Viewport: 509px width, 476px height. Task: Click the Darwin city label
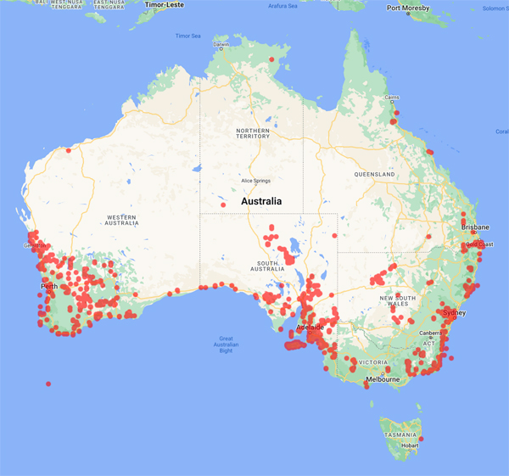(x=221, y=44)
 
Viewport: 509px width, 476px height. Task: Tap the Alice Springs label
(x=260, y=181)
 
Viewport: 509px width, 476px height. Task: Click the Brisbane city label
(x=475, y=227)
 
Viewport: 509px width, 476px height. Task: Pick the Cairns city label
(x=390, y=98)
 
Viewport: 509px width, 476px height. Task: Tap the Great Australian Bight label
(x=226, y=344)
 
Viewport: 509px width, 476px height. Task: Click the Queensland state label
(x=376, y=174)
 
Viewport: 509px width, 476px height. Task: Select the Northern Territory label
(x=254, y=133)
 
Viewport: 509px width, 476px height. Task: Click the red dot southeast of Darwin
(x=271, y=59)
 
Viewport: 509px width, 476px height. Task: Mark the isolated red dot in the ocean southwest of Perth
(x=48, y=384)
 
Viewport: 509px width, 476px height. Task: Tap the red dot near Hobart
(x=421, y=439)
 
